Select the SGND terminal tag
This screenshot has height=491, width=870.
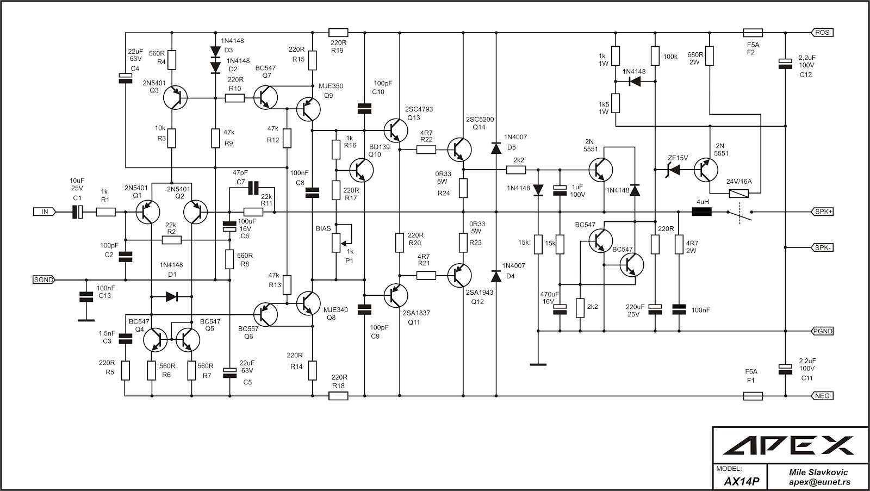point(43,280)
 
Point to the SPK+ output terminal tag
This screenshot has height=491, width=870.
point(822,212)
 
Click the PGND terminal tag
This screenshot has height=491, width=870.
point(822,331)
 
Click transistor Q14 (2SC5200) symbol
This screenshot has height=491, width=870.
point(460,149)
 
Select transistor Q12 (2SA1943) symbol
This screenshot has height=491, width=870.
point(460,276)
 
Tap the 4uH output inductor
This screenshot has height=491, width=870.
point(702,212)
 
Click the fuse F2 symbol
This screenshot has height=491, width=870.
point(753,33)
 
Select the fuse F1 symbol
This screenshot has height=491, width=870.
point(753,396)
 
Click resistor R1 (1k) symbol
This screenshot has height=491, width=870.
point(105,212)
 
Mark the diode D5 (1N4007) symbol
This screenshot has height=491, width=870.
point(496,148)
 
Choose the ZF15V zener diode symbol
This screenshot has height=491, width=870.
point(674,171)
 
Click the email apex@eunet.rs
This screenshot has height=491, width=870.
point(820,482)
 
